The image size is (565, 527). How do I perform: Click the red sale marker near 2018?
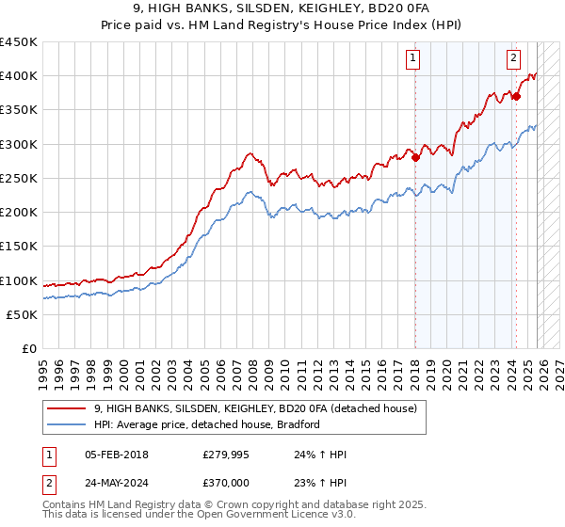click(x=415, y=158)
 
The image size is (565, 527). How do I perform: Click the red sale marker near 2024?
click(x=516, y=96)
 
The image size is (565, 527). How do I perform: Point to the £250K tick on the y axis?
click(x=19, y=178)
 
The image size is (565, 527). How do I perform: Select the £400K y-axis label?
click(x=19, y=76)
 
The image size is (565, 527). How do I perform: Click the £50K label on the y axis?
click(x=22, y=314)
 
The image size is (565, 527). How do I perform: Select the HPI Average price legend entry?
click(x=207, y=424)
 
